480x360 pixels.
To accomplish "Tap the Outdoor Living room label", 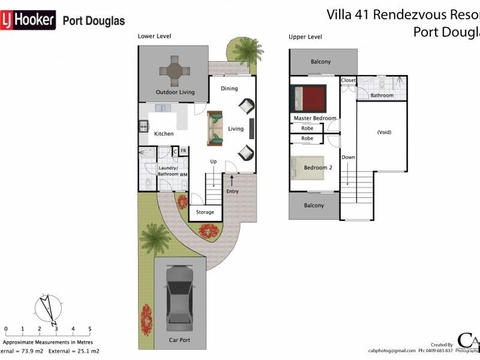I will click(x=175, y=92).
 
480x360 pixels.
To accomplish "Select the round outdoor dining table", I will click(x=175, y=71).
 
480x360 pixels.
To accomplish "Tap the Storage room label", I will click(x=205, y=212).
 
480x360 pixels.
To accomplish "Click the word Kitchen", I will click(x=164, y=134).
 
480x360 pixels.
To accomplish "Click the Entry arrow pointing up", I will click(x=232, y=179).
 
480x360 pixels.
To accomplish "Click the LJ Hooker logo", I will click(x=28, y=20).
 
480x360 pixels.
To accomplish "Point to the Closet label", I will click(x=348, y=80).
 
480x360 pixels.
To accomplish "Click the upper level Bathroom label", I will click(x=382, y=95).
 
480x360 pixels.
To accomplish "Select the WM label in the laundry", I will click(x=184, y=175).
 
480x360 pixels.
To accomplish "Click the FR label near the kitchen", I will click(x=184, y=151).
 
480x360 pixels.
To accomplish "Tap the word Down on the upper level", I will click(x=348, y=157).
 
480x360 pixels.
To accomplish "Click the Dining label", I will click(x=229, y=89).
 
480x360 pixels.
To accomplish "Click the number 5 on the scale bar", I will click(x=89, y=329).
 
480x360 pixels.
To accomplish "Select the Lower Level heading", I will click(x=154, y=37).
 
